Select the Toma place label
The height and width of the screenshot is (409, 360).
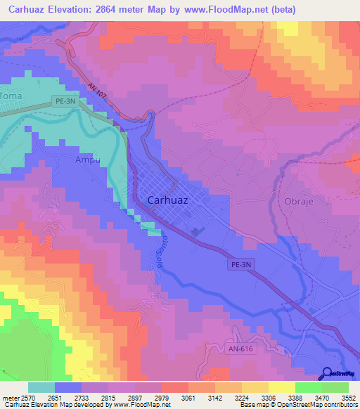tap(11, 95)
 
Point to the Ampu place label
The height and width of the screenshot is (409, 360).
tap(89, 160)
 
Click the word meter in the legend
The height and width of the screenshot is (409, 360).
tap(11, 398)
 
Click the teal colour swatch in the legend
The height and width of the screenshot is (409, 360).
tap(41, 387)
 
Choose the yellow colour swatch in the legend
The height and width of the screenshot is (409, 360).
tap(282, 387)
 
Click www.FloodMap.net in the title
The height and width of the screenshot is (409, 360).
tap(221, 9)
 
